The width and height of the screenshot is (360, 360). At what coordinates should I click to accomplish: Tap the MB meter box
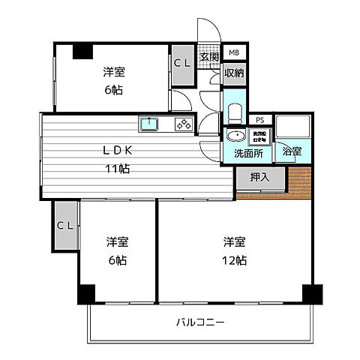pos(233,52)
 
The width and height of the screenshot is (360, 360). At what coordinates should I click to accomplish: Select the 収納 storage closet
pos(233,73)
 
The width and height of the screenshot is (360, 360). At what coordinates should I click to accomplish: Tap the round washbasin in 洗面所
pos(236,136)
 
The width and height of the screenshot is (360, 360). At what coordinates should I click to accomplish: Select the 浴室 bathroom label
pos(291,151)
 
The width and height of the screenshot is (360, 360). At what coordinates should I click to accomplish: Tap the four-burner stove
pos(183,124)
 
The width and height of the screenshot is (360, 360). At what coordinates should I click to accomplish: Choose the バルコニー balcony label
pos(200,322)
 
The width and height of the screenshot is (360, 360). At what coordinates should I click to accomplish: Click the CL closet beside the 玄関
pos(182,64)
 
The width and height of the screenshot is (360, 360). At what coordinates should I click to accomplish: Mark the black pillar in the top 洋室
pos(81,51)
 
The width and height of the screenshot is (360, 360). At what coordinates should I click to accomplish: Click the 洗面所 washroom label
pos(247,153)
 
